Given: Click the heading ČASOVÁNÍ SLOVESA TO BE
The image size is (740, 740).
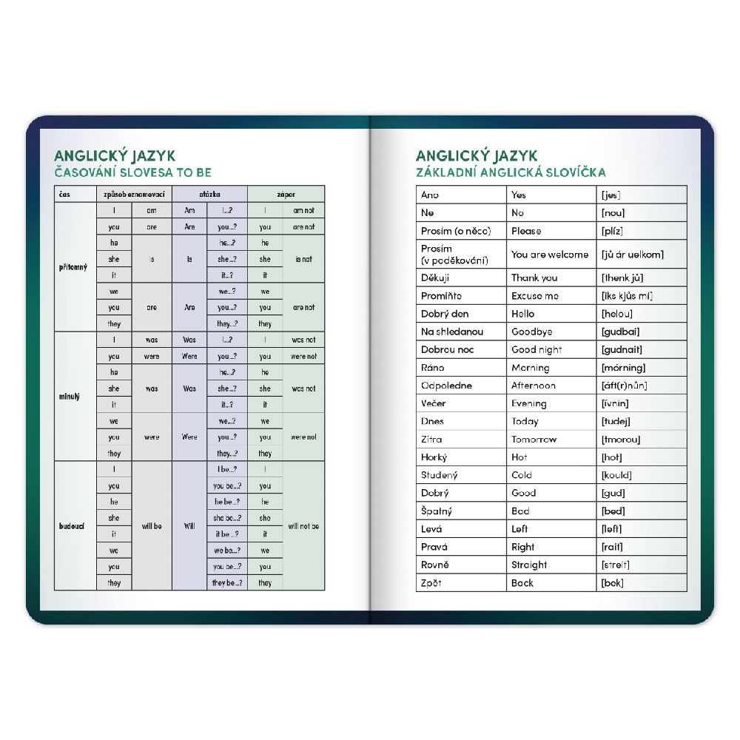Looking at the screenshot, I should tap(133, 172).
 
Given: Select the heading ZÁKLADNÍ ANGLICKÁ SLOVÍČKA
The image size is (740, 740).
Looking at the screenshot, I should tap(511, 172).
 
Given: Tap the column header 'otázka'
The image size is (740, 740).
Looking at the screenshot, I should tap(209, 195).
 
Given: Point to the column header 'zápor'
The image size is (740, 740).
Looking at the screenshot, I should tap(286, 195).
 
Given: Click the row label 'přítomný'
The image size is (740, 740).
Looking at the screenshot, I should tap(73, 267).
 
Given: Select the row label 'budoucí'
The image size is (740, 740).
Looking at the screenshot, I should tap(73, 526).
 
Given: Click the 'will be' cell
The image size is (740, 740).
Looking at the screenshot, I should tap(152, 526).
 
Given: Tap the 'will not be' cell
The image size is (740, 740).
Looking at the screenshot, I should tap(303, 526).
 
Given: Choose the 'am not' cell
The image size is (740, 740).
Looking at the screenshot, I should tap(303, 211).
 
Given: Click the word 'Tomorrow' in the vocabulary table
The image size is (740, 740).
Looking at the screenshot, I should tap(534, 440).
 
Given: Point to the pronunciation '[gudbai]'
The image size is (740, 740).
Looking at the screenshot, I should tap(621, 332).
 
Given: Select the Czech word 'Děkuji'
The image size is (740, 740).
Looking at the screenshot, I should tap(435, 278).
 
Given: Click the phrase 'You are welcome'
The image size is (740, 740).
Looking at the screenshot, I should tap(550, 255).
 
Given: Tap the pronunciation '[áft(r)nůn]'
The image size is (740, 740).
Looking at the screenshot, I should tap(625, 386).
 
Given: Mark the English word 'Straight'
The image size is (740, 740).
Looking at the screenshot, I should tap(529, 565).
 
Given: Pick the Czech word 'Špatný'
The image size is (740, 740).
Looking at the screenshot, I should tap(437, 511).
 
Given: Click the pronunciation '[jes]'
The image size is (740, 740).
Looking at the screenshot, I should tap(610, 195).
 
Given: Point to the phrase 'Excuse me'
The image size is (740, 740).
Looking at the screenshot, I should tap(535, 296).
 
